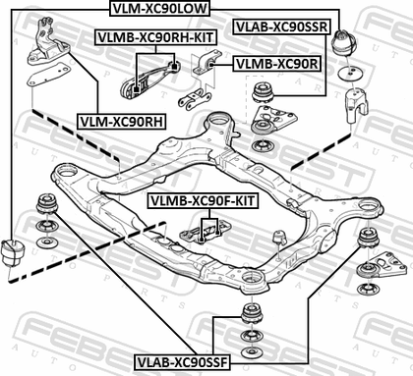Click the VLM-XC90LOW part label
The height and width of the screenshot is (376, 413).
(159, 8)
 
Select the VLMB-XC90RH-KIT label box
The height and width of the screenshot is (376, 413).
(155, 37)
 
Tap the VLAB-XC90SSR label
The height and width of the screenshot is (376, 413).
(281, 27)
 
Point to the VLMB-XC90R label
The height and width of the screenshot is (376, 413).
(277, 64)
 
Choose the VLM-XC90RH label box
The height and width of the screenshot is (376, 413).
(122, 122)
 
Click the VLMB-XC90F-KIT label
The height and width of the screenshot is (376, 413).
(204, 200)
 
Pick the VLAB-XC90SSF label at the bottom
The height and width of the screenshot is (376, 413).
(182, 362)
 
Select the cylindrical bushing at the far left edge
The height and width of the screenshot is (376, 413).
(13, 252)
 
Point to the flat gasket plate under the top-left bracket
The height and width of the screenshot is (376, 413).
(49, 75)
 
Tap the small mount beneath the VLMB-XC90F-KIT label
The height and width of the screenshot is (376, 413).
(206, 232)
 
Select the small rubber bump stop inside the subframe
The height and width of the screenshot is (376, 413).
(279, 238)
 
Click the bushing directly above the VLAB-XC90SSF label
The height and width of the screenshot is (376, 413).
(252, 313)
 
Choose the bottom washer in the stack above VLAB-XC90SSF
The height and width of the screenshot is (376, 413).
(252, 352)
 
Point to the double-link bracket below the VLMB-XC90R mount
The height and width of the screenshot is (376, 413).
(194, 98)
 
